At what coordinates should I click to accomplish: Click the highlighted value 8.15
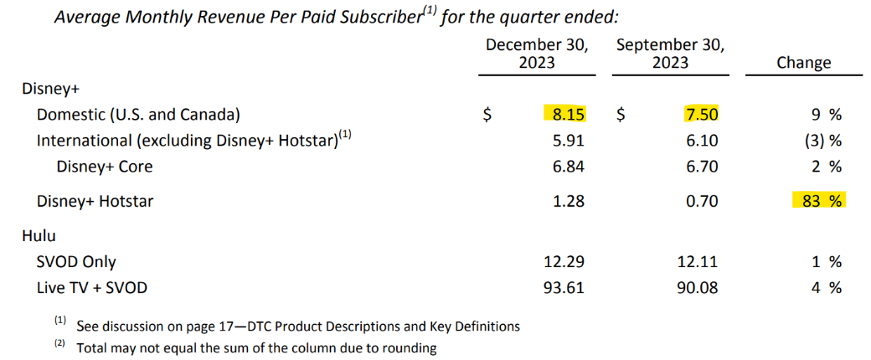tap(564, 114)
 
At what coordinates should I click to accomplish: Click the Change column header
tap(803, 63)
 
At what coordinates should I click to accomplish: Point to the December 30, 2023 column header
tap(537, 54)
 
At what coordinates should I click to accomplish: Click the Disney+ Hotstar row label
tap(95, 201)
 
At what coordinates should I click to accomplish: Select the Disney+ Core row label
tap(105, 167)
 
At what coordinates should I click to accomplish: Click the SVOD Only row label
tap(76, 263)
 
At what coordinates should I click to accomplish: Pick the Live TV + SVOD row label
tap(91, 288)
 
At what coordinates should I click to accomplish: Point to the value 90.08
tap(698, 288)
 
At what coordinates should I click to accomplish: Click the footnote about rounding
tap(256, 347)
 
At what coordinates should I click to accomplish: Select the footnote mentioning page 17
tap(297, 327)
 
